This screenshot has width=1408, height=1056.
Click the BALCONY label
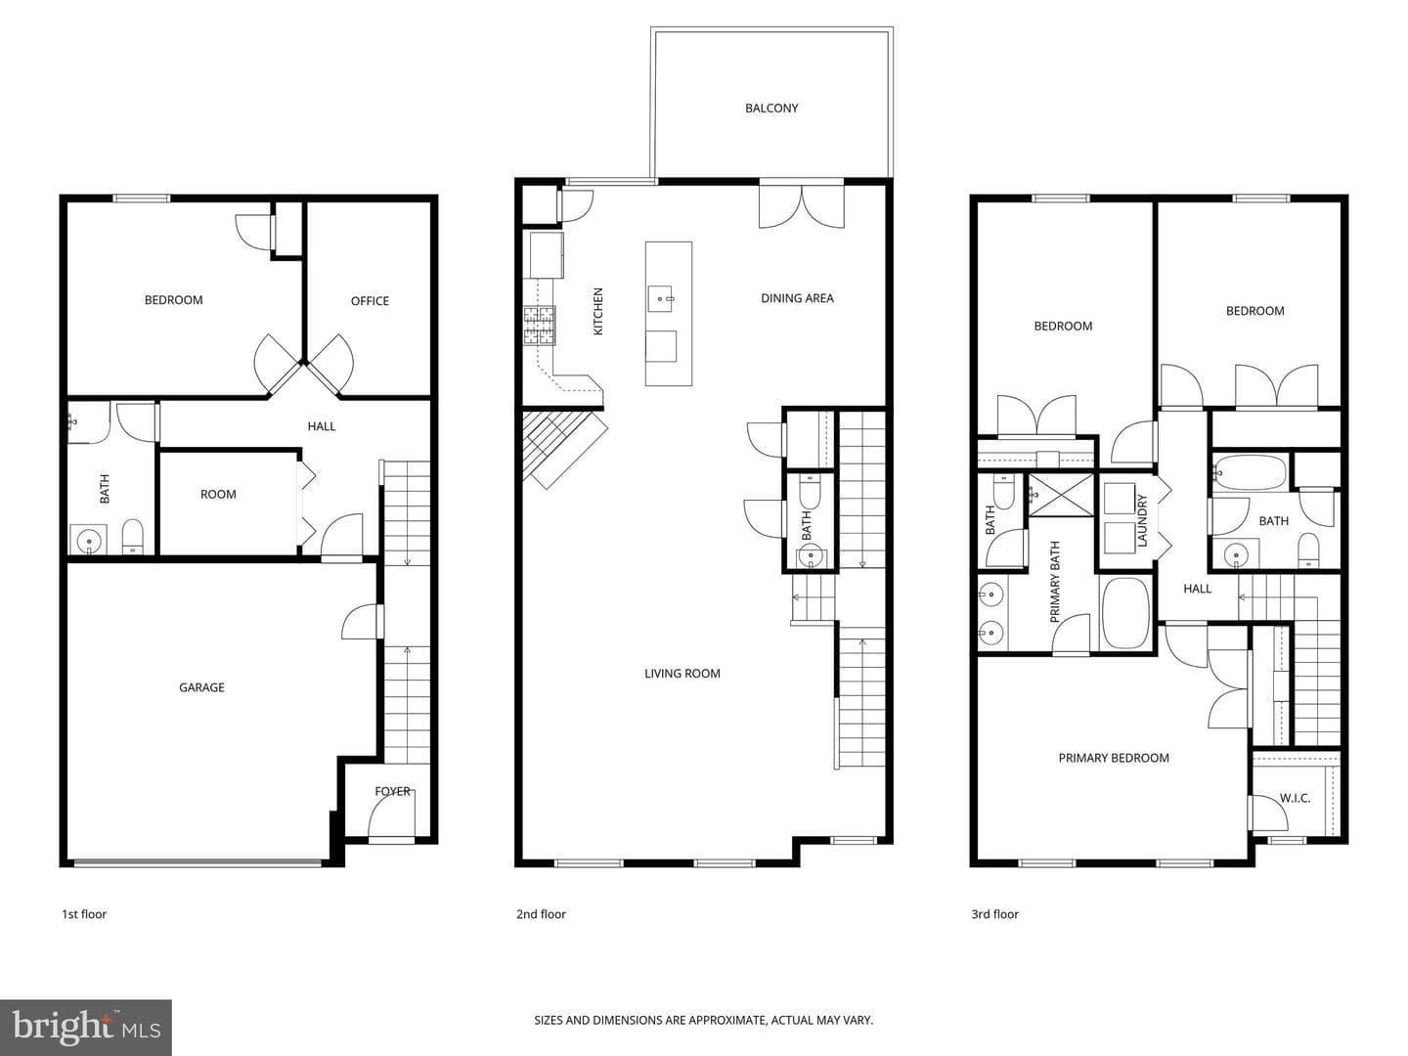[x=771, y=109]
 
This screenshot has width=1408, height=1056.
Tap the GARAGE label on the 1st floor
[x=201, y=687]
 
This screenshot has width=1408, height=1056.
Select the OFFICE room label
[x=370, y=301]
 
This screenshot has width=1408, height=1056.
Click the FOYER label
[x=392, y=791]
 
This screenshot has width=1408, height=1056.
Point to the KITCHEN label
[x=597, y=311]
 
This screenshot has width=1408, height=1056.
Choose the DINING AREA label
[x=797, y=298]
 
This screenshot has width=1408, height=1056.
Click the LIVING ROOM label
[x=682, y=674]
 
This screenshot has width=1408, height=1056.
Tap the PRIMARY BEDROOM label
[x=1113, y=758]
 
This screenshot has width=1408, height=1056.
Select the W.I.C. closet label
[x=1295, y=798]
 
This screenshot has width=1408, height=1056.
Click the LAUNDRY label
[x=1141, y=520]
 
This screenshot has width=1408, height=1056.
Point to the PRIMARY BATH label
[x=1055, y=582]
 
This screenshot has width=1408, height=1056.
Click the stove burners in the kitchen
[x=539, y=326]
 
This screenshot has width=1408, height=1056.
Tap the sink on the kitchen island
[x=660, y=299]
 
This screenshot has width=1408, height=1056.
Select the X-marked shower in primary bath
[x=1061, y=495]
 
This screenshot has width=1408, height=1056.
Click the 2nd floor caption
[x=541, y=914]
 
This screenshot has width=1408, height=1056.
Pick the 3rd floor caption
[x=994, y=914]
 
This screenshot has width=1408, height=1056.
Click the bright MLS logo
[x=86, y=1028]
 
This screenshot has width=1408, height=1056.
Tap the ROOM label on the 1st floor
[x=218, y=495]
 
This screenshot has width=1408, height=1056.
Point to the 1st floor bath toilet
[x=132, y=537]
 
